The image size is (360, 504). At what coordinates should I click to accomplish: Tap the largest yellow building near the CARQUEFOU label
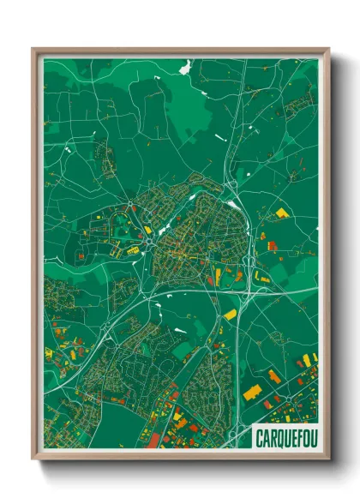[x=253, y=392]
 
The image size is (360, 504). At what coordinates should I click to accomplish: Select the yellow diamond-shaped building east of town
[x=281, y=213]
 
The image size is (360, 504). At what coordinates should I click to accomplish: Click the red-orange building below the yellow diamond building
[x=273, y=246]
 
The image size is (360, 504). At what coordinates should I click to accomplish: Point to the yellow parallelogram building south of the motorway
[x=230, y=315]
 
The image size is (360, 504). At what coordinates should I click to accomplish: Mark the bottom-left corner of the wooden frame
[x=33, y=460]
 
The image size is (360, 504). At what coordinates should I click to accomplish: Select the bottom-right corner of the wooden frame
[x=328, y=460]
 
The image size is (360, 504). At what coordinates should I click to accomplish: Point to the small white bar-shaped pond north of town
[x=220, y=138]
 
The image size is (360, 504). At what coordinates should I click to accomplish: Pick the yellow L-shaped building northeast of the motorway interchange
[x=260, y=275]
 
